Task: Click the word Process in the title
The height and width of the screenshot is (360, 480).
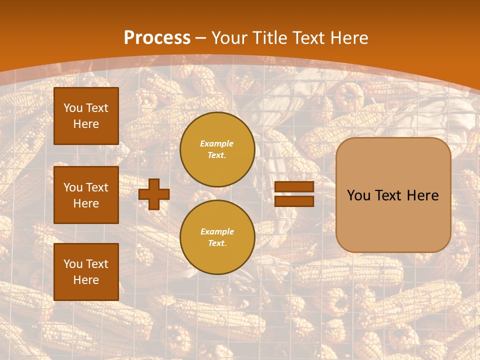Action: pyautogui.click(x=157, y=38)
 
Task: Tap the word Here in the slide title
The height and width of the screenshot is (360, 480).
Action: pyautogui.click(x=348, y=38)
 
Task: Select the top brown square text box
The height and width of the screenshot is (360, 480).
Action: pyautogui.click(x=86, y=116)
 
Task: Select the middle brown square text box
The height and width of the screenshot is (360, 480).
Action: pyautogui.click(x=86, y=195)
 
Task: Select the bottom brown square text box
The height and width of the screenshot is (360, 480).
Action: pyautogui.click(x=86, y=272)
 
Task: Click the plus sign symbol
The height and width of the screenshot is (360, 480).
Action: pyautogui.click(x=154, y=194)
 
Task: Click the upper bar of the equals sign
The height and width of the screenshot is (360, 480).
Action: pyautogui.click(x=294, y=186)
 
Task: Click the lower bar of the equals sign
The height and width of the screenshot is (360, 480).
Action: pyautogui.click(x=294, y=201)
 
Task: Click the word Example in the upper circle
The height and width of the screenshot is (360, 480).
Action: pyautogui.click(x=217, y=143)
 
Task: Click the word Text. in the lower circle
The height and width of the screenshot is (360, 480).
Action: pyautogui.click(x=217, y=243)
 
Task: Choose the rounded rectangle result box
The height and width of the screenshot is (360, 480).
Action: pyautogui.click(x=393, y=220)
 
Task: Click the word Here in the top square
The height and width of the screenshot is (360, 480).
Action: pyautogui.click(x=86, y=124)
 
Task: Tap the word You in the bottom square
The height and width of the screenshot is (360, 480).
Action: pyautogui.click(x=73, y=264)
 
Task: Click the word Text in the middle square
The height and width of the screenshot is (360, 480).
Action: pyautogui.click(x=96, y=187)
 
